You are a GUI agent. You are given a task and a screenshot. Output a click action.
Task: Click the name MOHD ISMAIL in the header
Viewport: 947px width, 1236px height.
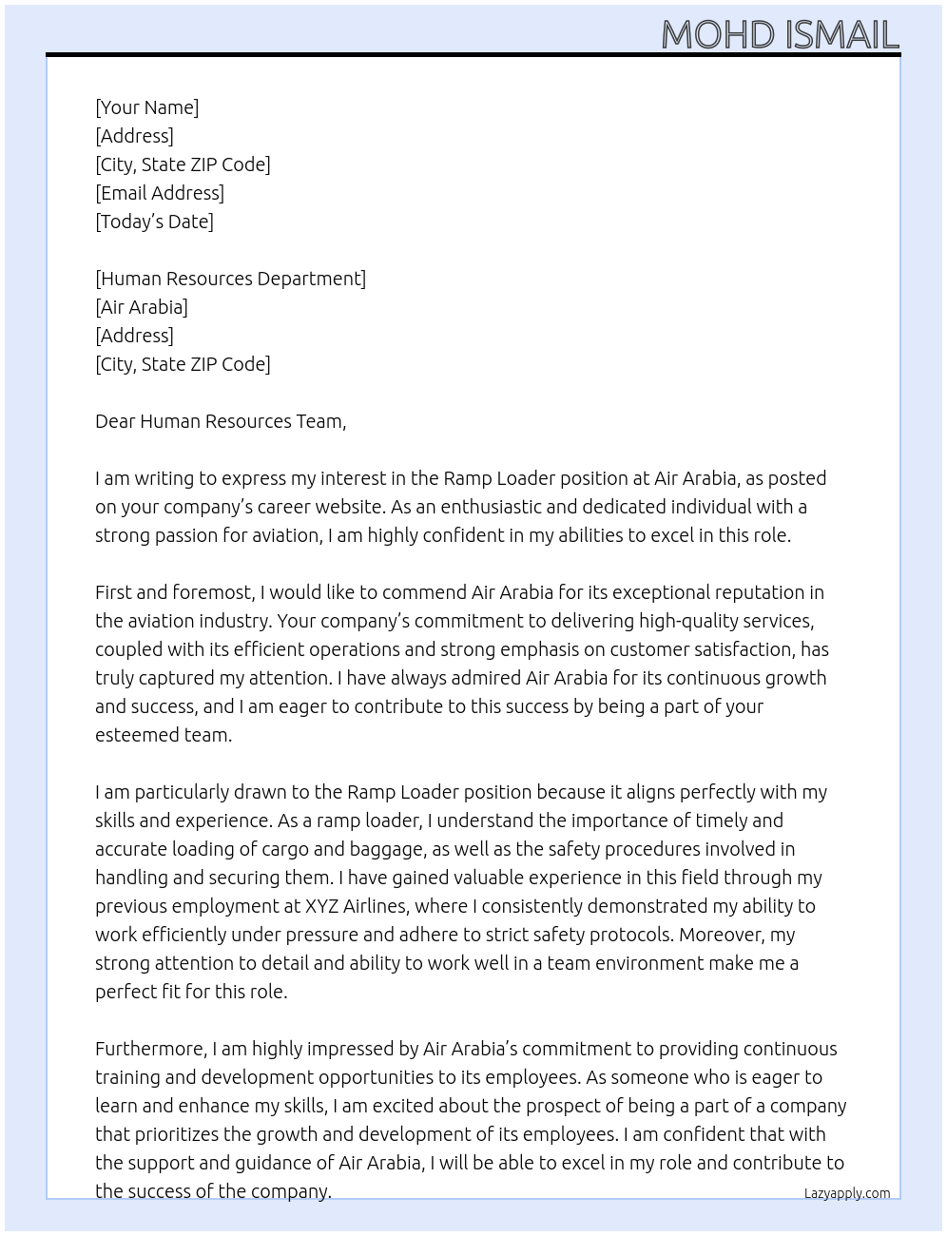pyautogui.click(x=780, y=35)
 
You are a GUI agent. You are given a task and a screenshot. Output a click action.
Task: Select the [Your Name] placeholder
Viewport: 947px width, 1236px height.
pyautogui.click(x=147, y=107)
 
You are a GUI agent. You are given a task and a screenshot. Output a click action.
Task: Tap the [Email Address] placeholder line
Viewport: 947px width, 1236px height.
pyautogui.click(x=160, y=193)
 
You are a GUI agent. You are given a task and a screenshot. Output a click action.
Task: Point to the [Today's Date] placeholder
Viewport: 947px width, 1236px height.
pyautogui.click(x=154, y=222)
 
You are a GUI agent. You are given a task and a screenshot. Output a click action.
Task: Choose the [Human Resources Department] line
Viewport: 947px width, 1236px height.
pyautogui.click(x=230, y=279)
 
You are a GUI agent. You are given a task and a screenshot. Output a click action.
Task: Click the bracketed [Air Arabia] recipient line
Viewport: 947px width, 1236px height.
pyautogui.click(x=142, y=307)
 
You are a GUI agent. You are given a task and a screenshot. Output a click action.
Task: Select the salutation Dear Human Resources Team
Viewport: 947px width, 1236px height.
pyautogui.click(x=221, y=421)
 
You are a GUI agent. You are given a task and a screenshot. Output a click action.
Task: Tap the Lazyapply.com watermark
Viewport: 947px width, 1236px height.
pyautogui.click(x=847, y=1193)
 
